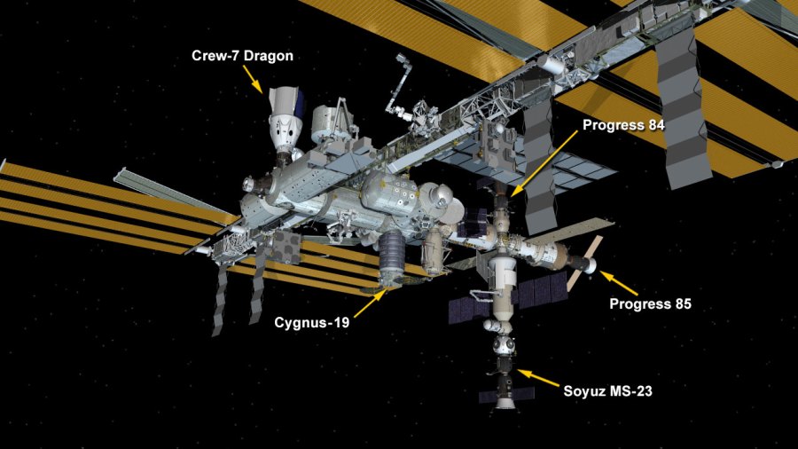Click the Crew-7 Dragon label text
[x=242, y=56]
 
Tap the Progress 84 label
[x=623, y=125]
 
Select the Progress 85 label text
[x=650, y=304]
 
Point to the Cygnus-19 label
[x=310, y=323]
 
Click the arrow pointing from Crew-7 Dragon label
[x=254, y=81]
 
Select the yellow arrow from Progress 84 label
[x=543, y=161]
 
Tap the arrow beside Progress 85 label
[x=619, y=284]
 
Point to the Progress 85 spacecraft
[x=581, y=263]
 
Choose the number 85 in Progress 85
[x=681, y=304]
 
